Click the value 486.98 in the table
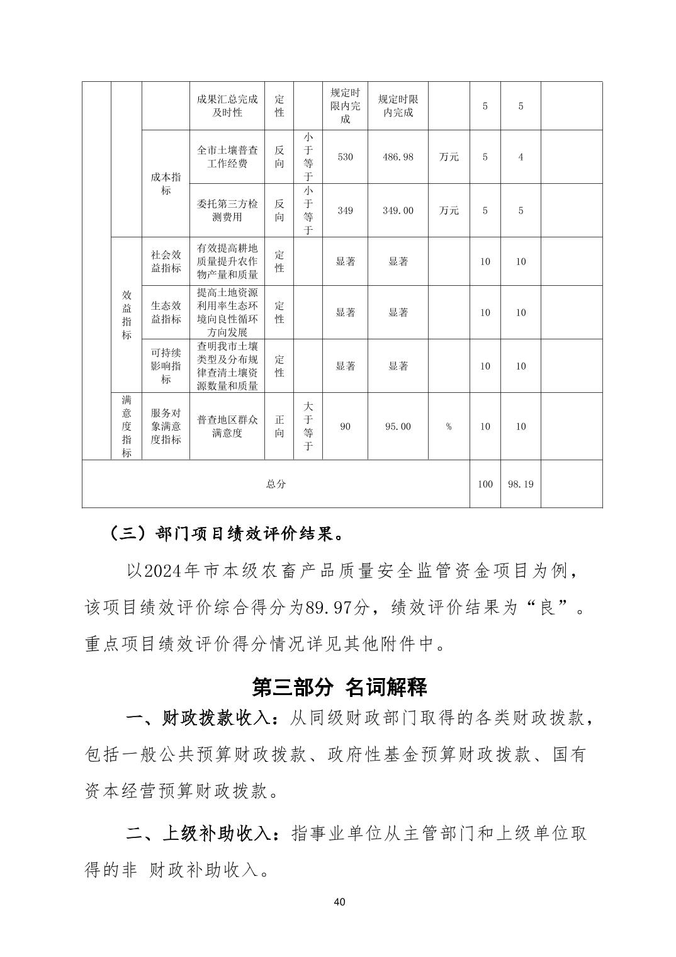pos(398,157)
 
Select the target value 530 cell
pos(345,157)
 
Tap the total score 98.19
pos(521,484)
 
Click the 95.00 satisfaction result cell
pos(398,426)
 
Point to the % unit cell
pos(449,426)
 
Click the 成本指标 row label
pos(166,183)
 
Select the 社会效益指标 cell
pos(166,261)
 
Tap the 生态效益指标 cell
pos(166,312)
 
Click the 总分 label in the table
pos(276,484)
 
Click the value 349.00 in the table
pos(398,210)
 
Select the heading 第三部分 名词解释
pos(339,687)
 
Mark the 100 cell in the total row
pos(485,484)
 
